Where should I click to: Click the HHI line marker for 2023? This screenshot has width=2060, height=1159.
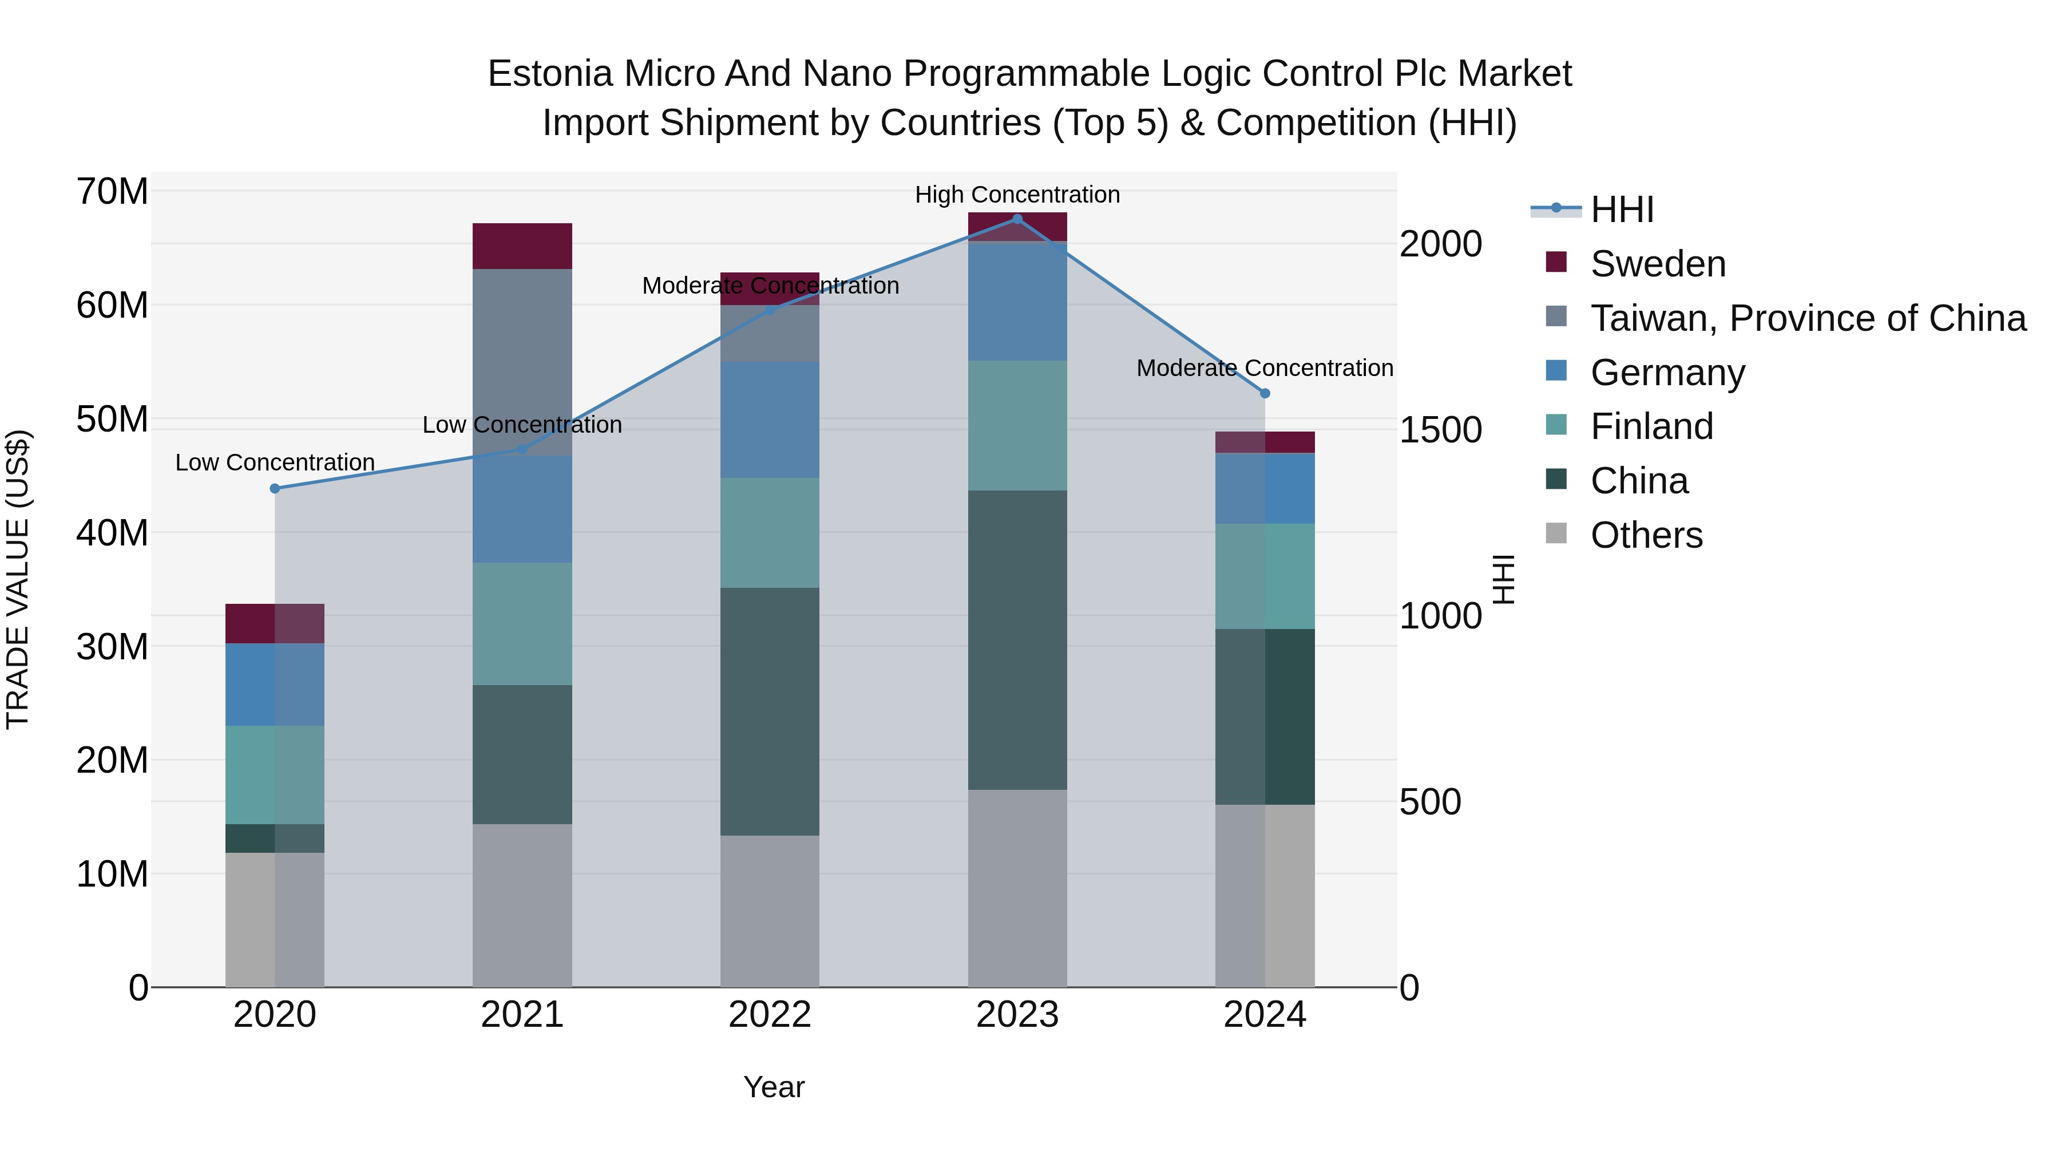(x=1017, y=219)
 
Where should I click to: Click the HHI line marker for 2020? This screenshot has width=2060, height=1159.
(x=275, y=489)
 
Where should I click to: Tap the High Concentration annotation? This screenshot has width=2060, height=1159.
(x=1017, y=195)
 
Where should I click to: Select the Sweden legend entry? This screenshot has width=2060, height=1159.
(x=1657, y=264)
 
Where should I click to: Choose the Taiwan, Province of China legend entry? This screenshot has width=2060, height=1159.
(x=1807, y=318)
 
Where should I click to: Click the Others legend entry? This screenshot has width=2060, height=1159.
(x=1646, y=535)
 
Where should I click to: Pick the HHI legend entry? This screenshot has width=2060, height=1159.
(x=1622, y=209)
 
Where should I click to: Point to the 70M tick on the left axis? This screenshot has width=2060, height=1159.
(x=112, y=192)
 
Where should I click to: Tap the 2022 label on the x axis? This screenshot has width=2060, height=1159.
(x=769, y=1015)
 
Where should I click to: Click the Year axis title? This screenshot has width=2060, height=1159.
(x=773, y=1087)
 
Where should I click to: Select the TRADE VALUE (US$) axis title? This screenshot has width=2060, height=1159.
(x=18, y=579)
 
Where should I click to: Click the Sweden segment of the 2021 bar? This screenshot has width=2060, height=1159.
(x=522, y=246)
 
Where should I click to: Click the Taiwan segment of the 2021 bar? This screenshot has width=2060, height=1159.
(x=522, y=362)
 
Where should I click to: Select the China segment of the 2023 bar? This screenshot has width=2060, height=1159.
(x=1017, y=640)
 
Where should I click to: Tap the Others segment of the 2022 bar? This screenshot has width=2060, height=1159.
(x=769, y=911)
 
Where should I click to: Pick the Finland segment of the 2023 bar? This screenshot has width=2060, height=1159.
(x=1017, y=425)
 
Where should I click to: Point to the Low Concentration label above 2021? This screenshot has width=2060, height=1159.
(x=522, y=425)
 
